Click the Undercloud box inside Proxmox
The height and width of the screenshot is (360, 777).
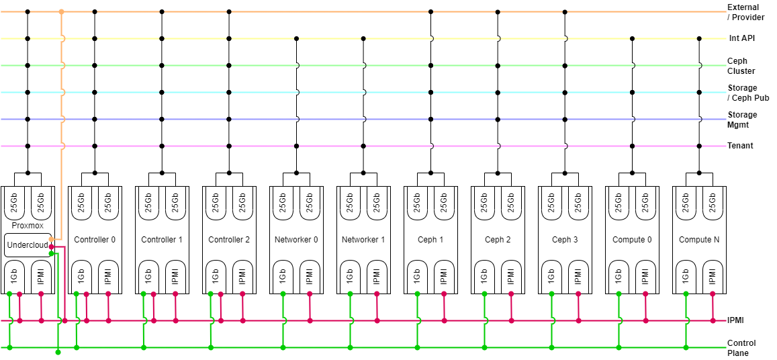tap(27, 245)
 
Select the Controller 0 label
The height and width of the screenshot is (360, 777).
tap(95, 240)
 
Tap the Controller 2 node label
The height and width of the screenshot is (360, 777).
tap(229, 240)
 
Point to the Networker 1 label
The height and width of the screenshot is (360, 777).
tap(363, 240)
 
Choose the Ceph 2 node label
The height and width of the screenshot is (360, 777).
tap(498, 240)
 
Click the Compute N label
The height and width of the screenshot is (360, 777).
tap(699, 240)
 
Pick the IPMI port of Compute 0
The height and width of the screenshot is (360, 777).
tap(645, 275)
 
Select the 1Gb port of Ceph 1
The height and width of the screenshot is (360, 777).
tap(417, 275)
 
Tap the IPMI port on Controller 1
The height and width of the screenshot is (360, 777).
tap(175, 275)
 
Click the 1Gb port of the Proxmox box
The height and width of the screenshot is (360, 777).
tap(14, 275)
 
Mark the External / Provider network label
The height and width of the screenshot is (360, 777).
tap(745, 12)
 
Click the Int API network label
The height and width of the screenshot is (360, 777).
tap(742, 39)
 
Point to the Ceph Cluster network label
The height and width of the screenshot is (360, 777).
tap(741, 66)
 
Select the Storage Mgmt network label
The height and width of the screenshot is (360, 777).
tap(742, 120)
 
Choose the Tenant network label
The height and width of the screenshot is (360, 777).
tap(740, 146)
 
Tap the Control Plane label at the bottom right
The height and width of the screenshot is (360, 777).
tap(741, 348)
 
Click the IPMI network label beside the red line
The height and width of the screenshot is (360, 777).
tap(735, 320)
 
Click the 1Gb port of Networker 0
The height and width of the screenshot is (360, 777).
tap(283, 275)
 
